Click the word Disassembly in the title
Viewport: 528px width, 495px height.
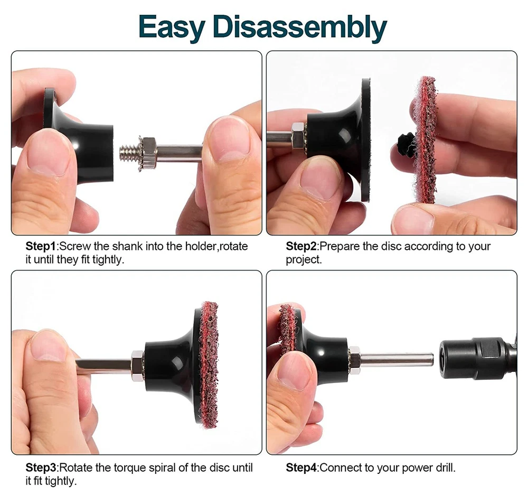299,27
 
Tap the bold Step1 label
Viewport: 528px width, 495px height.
41,246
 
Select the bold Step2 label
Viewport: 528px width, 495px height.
301,246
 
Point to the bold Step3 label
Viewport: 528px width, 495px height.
41,468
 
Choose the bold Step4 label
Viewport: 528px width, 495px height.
301,468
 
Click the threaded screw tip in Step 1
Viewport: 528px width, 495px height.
129,154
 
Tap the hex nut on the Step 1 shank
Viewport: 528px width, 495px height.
148,154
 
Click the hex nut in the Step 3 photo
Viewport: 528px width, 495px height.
137,366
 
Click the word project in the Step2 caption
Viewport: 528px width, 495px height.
303,260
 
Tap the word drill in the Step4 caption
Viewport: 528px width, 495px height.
445,468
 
